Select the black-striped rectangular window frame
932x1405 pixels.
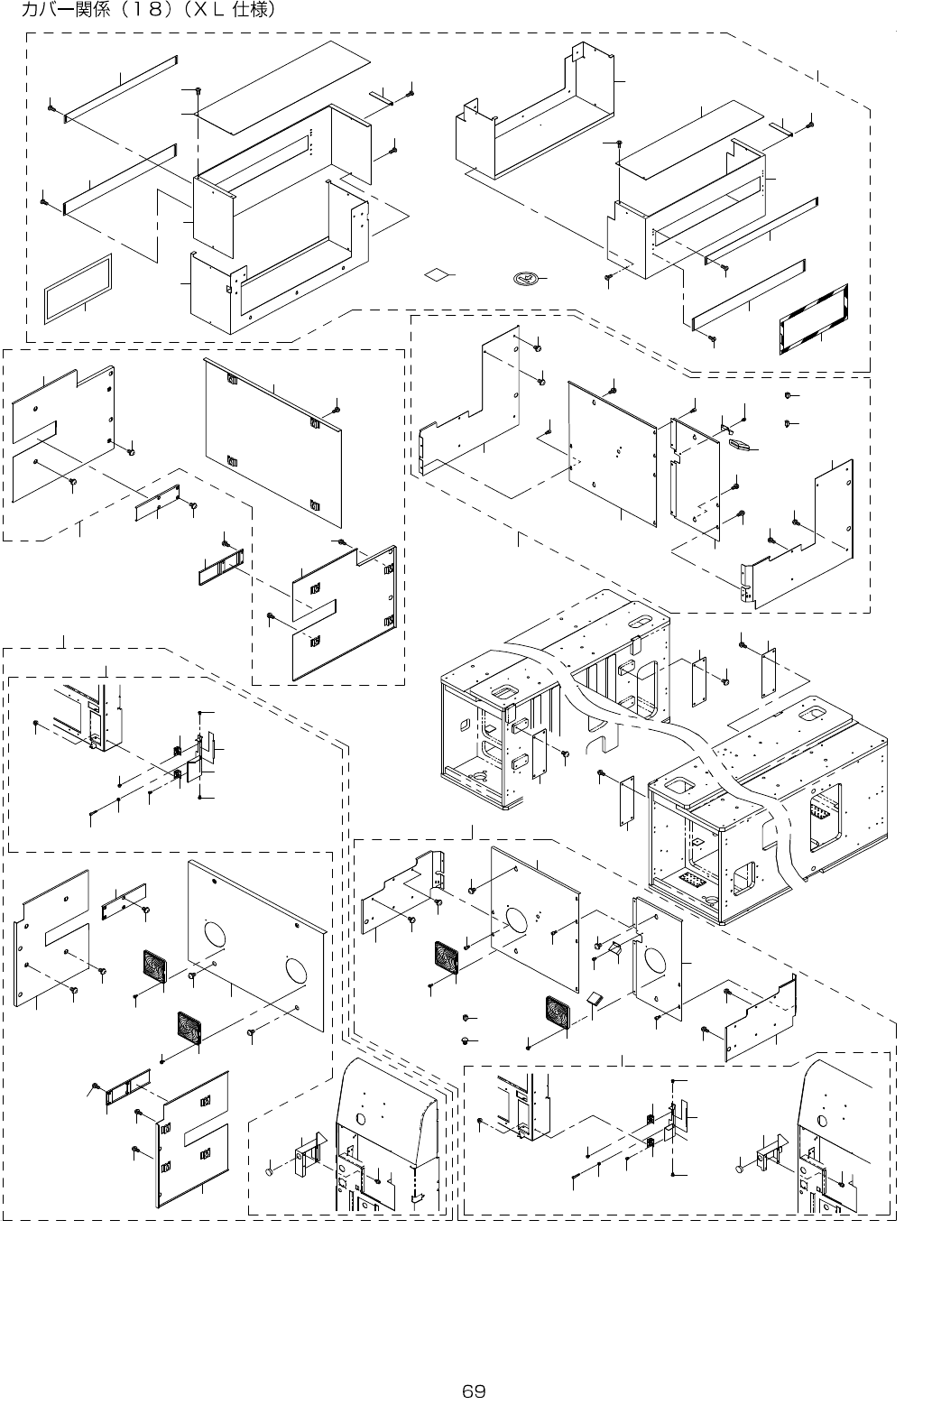814,319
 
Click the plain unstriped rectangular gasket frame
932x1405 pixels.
78,286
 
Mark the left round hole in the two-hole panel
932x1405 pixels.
217,935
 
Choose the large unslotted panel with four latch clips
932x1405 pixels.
273,442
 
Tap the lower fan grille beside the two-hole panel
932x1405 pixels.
190,1028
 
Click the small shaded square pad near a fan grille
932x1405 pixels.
593,998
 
